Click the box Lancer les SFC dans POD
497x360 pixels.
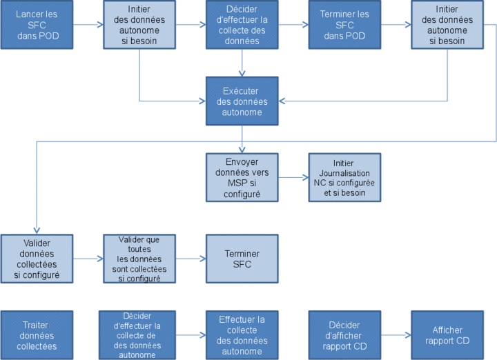[x=37, y=25]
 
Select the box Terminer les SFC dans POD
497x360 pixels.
[x=344, y=25]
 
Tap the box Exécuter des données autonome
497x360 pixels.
[x=242, y=101]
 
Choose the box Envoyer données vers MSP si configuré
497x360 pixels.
[x=242, y=178]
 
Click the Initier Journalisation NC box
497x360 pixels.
[x=344, y=178]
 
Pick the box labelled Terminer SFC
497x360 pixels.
[x=242, y=259]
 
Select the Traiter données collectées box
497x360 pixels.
[x=37, y=335]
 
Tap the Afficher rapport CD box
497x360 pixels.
[x=447, y=335]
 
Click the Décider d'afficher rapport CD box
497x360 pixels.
[x=344, y=335]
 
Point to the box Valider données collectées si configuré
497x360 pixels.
[x=37, y=259]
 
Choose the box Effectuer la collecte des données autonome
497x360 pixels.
[x=242, y=335]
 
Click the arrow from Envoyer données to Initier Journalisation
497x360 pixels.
[x=293, y=178]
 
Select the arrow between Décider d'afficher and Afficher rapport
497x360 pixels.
[x=396, y=335]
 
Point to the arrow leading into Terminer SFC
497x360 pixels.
[x=191, y=259]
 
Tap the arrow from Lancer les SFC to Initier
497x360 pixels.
[x=88, y=25]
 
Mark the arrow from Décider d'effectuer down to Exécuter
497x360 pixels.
[x=242, y=63]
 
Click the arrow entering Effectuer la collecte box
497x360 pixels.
[x=191, y=335]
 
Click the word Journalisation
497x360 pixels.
[x=344, y=173]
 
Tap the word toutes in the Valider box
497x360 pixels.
[x=139, y=249]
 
